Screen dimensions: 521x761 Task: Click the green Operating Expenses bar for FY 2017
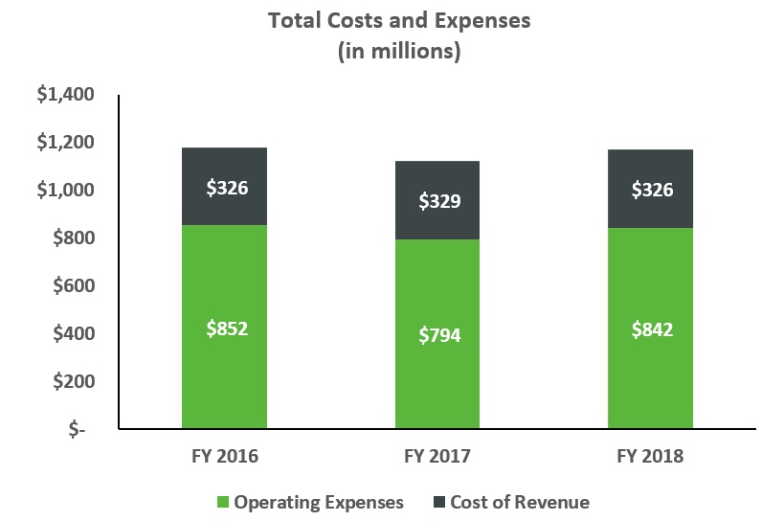tap(438, 383)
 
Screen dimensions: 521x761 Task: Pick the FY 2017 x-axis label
tap(438, 456)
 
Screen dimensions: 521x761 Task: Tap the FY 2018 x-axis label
tap(651, 456)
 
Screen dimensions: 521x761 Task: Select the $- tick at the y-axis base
tap(78, 430)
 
